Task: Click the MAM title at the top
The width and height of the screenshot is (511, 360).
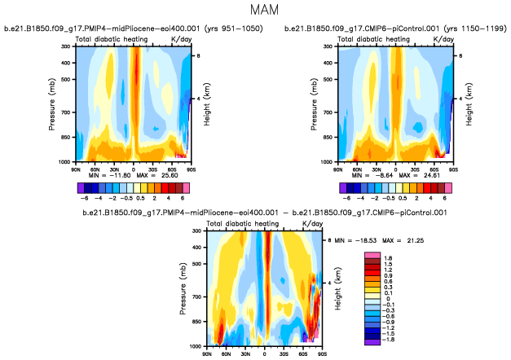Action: (255, 12)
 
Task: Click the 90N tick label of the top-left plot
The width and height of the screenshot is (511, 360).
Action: (76, 167)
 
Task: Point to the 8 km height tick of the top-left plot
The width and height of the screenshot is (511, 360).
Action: (200, 55)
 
